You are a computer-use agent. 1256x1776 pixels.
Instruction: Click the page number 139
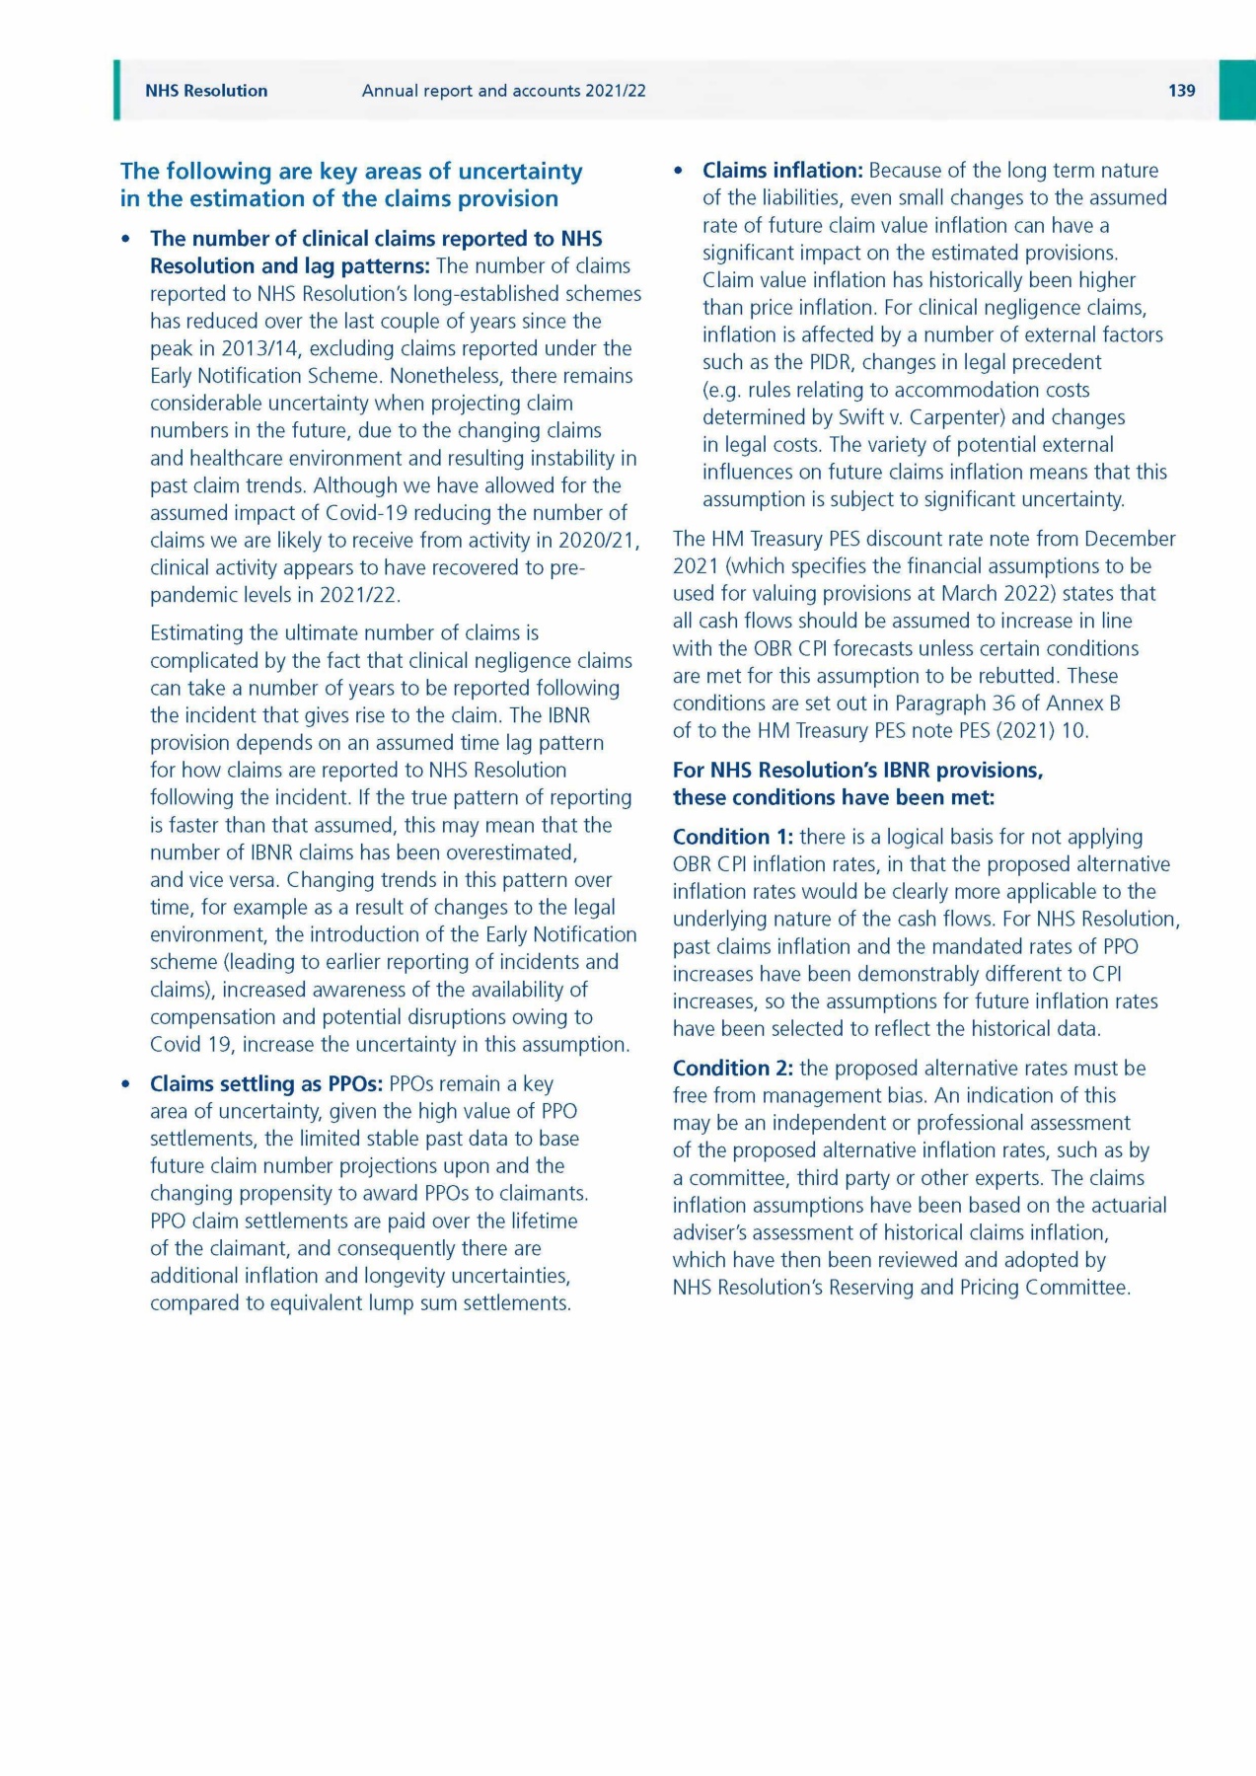(1181, 91)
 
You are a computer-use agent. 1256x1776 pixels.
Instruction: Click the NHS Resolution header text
(206, 91)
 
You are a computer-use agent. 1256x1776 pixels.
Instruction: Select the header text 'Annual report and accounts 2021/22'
(503, 91)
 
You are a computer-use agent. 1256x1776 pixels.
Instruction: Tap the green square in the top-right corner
(1237, 90)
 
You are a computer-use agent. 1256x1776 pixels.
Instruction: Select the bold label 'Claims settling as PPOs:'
(266, 1083)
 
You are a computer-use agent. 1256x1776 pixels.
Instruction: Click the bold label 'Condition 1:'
(732, 837)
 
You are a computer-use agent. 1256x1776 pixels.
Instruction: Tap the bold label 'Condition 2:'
(732, 1068)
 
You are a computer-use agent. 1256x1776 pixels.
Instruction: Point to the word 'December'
(1130, 539)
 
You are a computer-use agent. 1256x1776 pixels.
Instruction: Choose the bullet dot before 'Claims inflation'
(678, 172)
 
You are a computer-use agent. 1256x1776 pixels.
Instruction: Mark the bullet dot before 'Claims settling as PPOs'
(125, 1084)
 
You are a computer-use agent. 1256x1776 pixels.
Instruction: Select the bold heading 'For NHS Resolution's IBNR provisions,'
(857, 770)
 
